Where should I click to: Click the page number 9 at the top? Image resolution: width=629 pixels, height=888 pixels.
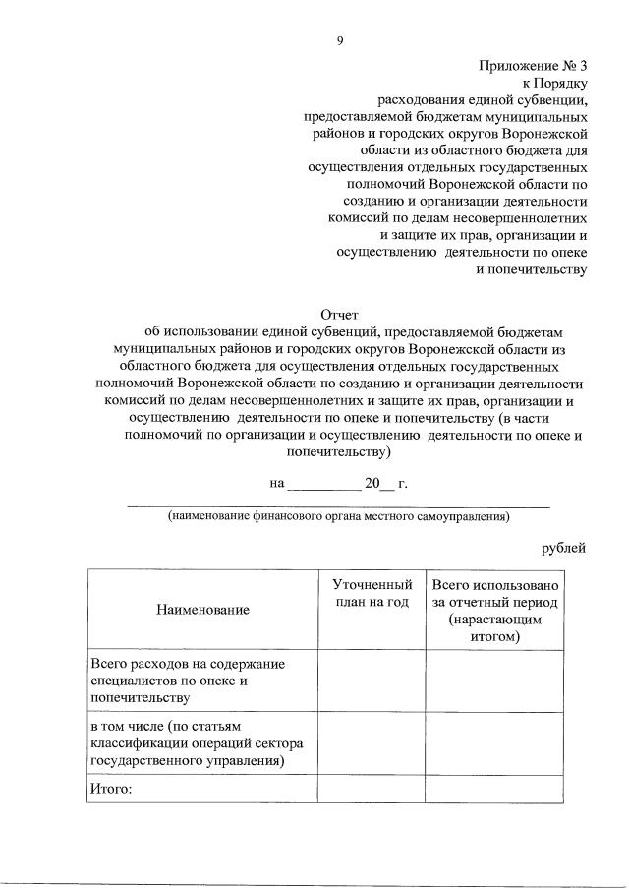339,40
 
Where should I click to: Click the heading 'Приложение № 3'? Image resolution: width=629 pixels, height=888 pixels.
532,66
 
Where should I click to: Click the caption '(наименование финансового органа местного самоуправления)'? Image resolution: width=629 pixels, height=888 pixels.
338,515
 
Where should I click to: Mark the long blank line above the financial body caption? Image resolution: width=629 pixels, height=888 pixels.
338,504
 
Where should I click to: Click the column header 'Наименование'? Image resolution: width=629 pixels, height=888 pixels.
202,610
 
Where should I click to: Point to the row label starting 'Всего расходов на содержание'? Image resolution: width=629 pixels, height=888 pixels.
186,681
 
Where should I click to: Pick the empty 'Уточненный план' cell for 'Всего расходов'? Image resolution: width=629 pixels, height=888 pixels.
370,681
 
